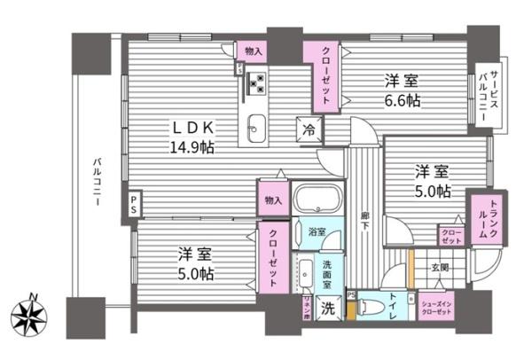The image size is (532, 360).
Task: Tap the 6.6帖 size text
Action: pyautogui.click(x=402, y=100)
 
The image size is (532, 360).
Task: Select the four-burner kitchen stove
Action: pyautogui.click(x=256, y=82)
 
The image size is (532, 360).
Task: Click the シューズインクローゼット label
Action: pyautogui.click(x=436, y=305)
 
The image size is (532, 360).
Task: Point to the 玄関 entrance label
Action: pyautogui.click(x=439, y=266)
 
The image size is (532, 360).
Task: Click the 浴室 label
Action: pyautogui.click(x=316, y=231)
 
